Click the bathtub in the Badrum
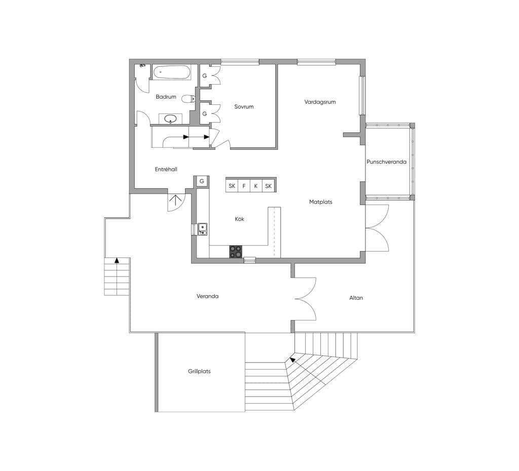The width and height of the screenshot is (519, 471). click(x=172, y=72)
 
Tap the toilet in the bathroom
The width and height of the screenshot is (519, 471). click(x=189, y=99)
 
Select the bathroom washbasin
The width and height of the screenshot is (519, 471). click(x=170, y=119)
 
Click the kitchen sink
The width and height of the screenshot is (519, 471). click(x=203, y=229)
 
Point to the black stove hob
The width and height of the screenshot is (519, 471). click(x=236, y=252)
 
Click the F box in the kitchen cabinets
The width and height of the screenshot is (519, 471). click(x=244, y=186)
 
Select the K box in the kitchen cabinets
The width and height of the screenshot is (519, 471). click(x=256, y=186)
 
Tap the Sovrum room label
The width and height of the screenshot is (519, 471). click(x=244, y=106)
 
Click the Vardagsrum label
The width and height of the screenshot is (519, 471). click(x=320, y=102)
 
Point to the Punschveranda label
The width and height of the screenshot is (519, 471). click(x=386, y=162)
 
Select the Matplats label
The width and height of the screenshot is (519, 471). click(x=321, y=202)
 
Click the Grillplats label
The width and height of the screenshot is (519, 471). click(x=199, y=371)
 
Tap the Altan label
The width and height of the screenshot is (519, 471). click(x=356, y=298)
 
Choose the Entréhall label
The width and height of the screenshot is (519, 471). click(x=166, y=169)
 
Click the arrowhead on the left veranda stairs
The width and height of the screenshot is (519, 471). click(x=117, y=260)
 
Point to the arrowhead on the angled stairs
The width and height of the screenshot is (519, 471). click(x=292, y=359)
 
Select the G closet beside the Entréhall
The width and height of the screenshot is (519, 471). click(x=202, y=181)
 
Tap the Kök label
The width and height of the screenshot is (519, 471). click(x=239, y=219)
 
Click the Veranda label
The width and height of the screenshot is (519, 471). click(x=207, y=296)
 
